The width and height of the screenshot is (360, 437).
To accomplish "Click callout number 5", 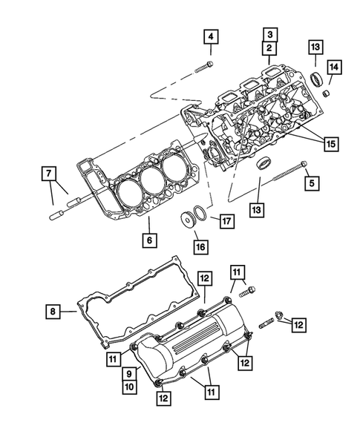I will click(x=312, y=181).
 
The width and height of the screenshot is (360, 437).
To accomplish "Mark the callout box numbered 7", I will click(x=48, y=174).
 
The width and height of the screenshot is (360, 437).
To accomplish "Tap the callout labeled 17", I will click(x=226, y=220).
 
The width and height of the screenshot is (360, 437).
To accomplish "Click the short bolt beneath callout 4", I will click(x=205, y=67).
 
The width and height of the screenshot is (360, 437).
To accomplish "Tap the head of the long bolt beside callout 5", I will click(x=304, y=165).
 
